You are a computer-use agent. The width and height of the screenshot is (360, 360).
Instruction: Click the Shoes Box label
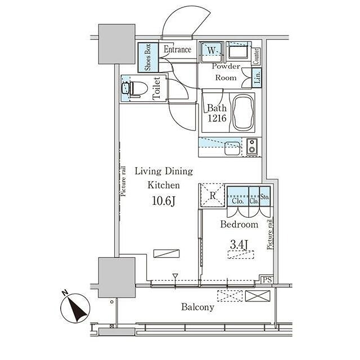148,57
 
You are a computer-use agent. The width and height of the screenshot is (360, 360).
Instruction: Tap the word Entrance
178,49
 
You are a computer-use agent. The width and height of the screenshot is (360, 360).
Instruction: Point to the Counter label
256,56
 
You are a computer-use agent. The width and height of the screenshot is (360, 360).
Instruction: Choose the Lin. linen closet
256,78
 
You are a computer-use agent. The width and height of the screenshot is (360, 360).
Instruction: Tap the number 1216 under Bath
217,118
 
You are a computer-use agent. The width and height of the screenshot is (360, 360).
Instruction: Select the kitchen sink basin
232,148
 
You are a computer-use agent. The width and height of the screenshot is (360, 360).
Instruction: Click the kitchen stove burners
252,147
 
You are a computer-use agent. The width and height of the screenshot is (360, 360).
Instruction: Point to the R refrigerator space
212,195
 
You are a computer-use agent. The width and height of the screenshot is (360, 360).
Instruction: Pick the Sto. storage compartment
265,196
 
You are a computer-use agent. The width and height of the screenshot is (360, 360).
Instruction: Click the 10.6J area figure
164,201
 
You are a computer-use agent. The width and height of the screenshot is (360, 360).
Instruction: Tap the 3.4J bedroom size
239,245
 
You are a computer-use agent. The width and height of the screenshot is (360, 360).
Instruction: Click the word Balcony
197,307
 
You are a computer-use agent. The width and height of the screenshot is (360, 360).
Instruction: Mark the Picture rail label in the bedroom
270,235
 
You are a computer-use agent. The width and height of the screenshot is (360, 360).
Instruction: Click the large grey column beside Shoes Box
116,44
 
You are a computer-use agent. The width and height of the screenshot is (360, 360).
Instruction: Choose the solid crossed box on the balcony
258,296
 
